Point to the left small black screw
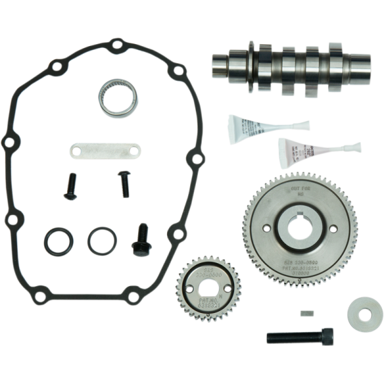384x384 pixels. [70, 186]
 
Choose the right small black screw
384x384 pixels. [124, 184]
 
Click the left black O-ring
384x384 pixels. [58, 241]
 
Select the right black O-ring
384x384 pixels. [102, 241]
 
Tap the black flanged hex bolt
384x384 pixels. [141, 240]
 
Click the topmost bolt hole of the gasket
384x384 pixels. [116, 45]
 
